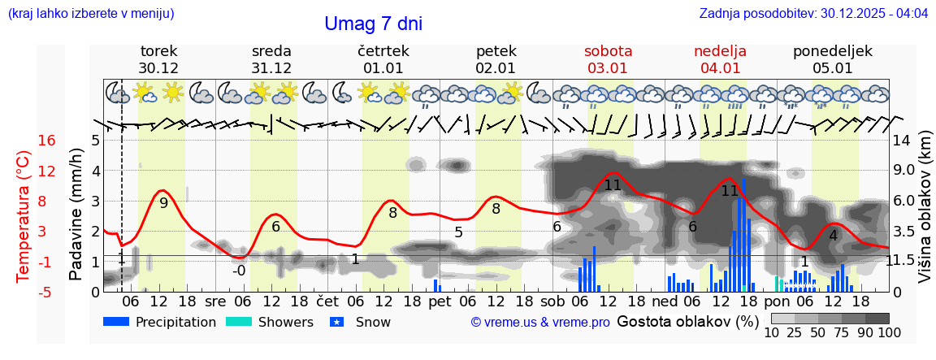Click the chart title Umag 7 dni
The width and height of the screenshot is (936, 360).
[x=373, y=24]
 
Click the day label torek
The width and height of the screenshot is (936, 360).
[x=158, y=51]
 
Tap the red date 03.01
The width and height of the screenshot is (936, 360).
[x=608, y=68]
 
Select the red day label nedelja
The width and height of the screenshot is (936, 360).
[x=720, y=51]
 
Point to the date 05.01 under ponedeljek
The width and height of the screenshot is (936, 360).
[x=832, y=68]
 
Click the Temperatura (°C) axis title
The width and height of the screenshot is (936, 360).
[x=24, y=215]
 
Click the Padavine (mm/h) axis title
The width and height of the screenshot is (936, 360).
[x=76, y=215]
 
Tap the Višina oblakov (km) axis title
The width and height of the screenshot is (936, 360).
[x=925, y=215]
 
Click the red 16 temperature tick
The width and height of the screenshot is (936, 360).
[x=46, y=141]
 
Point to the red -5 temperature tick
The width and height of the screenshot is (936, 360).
[x=46, y=292]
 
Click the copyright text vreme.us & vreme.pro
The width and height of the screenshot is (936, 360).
[x=540, y=322]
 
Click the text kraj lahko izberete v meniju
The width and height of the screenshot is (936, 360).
[x=91, y=14]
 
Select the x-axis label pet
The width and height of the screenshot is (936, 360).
[x=440, y=301]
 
